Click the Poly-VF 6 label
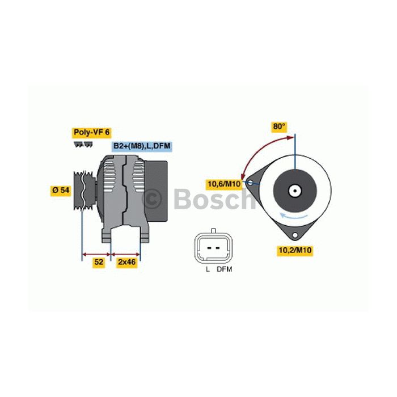click(x=91, y=132)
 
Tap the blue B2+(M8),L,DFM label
click(x=142, y=146)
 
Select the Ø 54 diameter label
click(x=60, y=191)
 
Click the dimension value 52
click(x=98, y=262)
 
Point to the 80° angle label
click(x=279, y=127)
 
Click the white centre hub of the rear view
click(x=295, y=191)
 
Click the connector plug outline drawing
click(x=212, y=247)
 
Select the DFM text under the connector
click(x=225, y=269)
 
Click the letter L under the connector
click(x=208, y=269)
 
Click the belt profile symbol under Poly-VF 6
click(x=83, y=145)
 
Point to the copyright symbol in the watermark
click(x=153, y=199)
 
